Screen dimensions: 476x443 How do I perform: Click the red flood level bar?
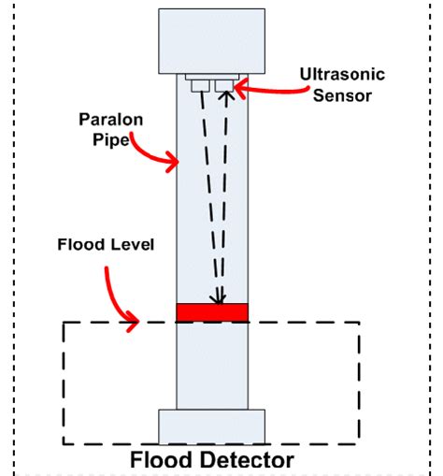pos(212,312)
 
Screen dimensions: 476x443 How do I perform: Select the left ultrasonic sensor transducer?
pos(200,86)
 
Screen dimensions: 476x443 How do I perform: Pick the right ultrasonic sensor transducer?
pos(224,86)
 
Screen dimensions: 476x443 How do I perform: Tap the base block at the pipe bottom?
pos(212,426)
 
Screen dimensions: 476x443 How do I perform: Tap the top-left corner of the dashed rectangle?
pos(64,324)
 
